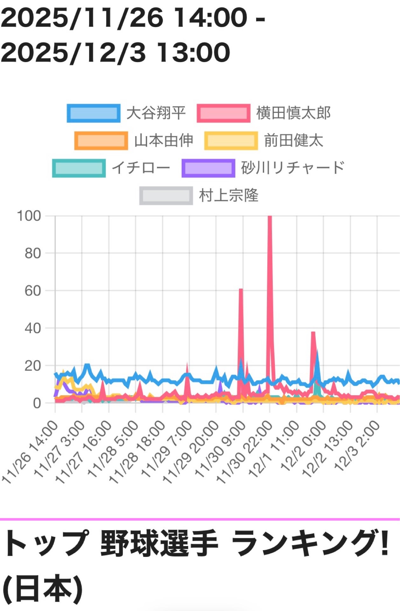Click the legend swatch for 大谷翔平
pos(94,113)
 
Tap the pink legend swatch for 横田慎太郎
pos(223,113)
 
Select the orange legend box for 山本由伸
pos(101,141)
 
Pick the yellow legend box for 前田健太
pos(231,141)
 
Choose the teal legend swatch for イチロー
pos(79,168)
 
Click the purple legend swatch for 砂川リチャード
pos(208,168)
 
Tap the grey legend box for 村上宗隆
pos(166,195)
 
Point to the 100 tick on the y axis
pos(29,216)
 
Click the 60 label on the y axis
pos(33,291)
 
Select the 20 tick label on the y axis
pos(33,366)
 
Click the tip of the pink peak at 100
pos(270,217)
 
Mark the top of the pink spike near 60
pos(241,290)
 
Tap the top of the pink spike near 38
pos(313,333)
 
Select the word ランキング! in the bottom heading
pos(310,544)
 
